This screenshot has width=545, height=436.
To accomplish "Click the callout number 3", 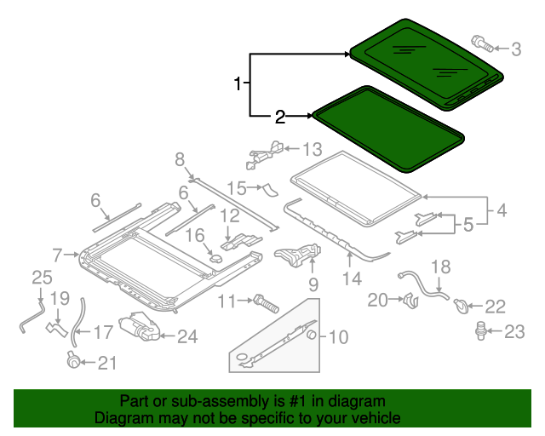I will pos(516,49).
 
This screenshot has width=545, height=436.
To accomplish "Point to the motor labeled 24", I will pos(140,327).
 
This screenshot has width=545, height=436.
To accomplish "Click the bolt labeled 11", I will pos(264,301).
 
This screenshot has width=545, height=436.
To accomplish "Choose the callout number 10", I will pos(338,337).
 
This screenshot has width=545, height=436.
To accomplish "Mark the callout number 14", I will pos(352,278).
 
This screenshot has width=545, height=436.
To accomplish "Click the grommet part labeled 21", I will pos(74,361).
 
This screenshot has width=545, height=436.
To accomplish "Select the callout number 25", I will pos(42,277).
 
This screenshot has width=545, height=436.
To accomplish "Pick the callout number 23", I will pos(514,332).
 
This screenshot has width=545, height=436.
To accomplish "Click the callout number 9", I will pos(313,283).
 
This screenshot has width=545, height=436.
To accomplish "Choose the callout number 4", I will pos(502,207).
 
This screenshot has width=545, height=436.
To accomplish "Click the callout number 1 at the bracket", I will pos(238,83).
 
